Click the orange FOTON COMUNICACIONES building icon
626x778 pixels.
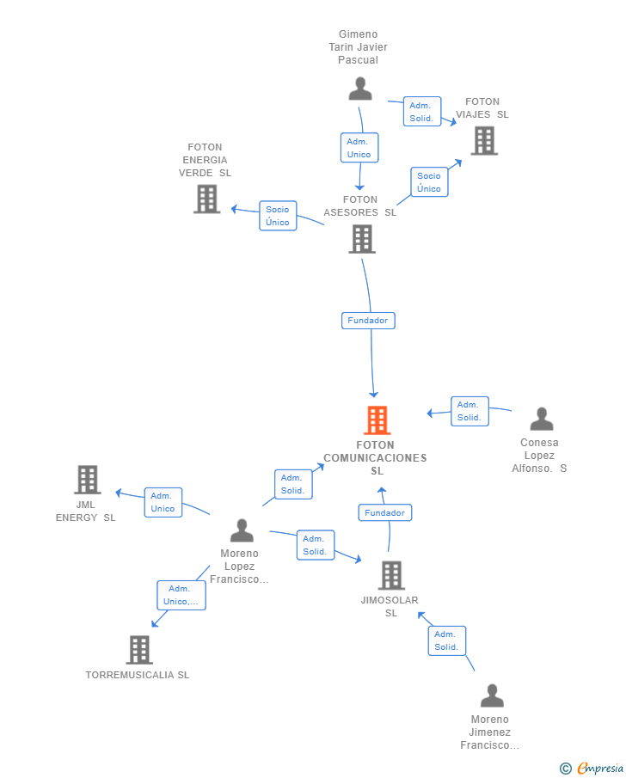pos(377,420)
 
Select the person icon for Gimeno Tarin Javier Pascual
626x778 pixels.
pos(360,89)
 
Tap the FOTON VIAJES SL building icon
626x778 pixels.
pos(484,141)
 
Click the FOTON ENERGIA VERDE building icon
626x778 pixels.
pos(207,199)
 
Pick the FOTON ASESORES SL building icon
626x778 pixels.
pos(362,239)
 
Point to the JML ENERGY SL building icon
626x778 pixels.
pos(88,480)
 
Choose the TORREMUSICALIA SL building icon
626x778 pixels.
pos(139,650)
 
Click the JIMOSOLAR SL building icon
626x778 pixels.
pos(392,576)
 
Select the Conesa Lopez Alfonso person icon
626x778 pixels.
pos(542,419)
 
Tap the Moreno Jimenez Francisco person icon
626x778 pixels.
pos(492,695)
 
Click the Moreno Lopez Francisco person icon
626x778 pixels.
pos(242,530)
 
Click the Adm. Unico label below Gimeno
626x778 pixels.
pos(359,148)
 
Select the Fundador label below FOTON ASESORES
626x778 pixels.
pos(368,321)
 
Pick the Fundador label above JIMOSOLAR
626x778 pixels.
pos(385,512)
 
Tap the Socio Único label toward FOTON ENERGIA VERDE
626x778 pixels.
pos(278,216)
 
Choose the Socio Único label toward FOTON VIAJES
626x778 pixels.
pos(429,182)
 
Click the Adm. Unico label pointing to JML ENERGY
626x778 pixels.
pos(163,502)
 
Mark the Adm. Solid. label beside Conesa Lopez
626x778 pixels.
pos(470,411)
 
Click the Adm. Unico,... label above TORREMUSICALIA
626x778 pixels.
pos(181,596)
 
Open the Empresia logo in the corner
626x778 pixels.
pos(592,768)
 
